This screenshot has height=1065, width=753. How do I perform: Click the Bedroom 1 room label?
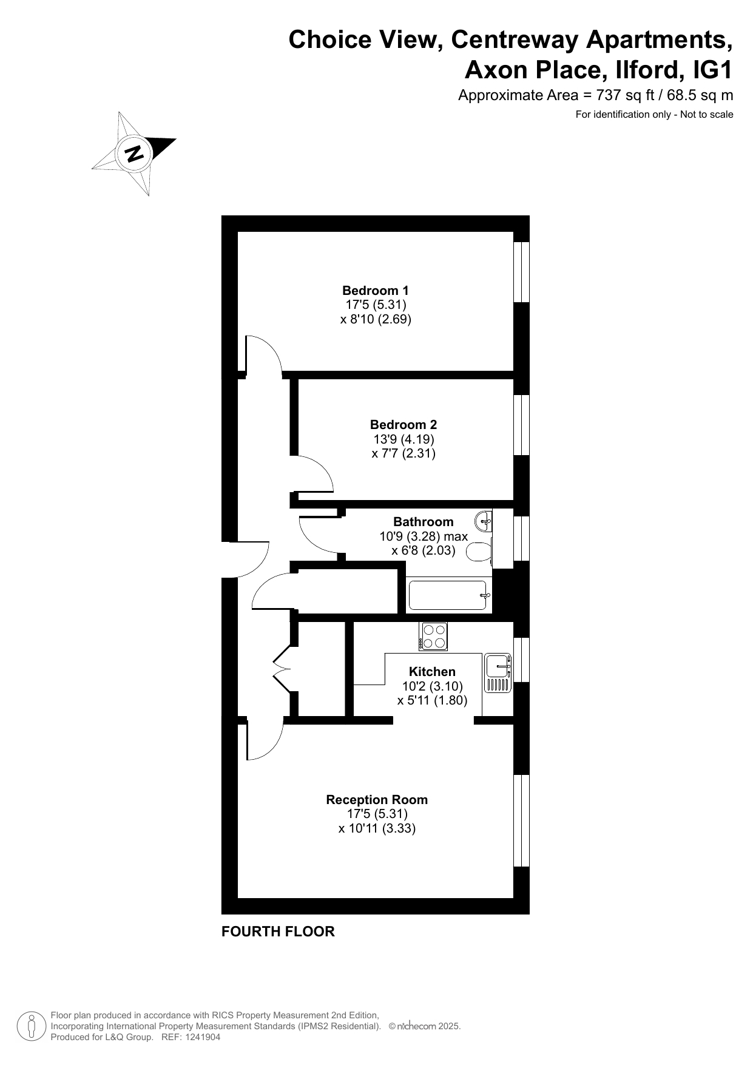click(x=376, y=290)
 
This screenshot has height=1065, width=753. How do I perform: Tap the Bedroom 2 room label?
click(x=404, y=425)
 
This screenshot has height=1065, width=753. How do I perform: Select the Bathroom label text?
click(x=424, y=522)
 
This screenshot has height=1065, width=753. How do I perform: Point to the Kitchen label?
click(x=432, y=672)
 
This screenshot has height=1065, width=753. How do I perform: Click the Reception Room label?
click(x=377, y=800)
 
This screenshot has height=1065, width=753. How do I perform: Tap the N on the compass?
click(x=134, y=154)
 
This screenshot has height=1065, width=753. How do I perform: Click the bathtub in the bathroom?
click(x=448, y=595)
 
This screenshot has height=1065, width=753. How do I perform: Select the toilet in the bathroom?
click(x=479, y=552)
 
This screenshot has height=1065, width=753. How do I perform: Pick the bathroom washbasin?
click(x=485, y=520)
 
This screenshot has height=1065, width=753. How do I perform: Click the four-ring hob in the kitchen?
click(x=433, y=637)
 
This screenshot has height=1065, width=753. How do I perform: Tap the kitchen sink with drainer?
click(x=498, y=674)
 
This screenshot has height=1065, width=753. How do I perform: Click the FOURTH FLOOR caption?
click(x=278, y=931)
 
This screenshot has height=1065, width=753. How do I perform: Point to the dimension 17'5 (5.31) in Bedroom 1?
click(x=376, y=305)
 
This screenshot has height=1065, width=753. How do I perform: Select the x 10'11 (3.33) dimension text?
click(x=377, y=828)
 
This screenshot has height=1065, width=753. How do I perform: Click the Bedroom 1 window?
click(x=521, y=272)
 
